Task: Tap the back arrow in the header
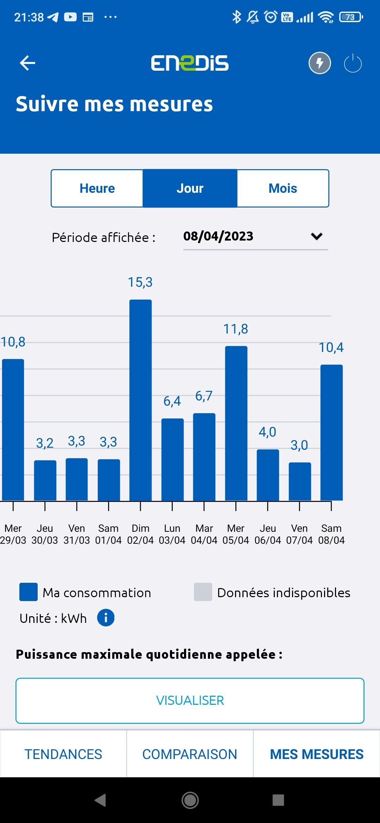27,63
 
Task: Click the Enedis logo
190,63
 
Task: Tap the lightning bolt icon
319,63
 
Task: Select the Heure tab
97,189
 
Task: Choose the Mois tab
283,189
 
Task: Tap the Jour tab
190,189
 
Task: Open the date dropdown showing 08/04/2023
255,236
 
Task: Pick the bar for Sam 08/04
331,433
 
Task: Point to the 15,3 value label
140,282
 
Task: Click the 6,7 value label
204,396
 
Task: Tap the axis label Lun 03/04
172,534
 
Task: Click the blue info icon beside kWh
106,618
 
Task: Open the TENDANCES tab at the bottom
63,754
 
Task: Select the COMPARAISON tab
190,754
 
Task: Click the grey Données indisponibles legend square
203,592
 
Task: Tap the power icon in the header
353,63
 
